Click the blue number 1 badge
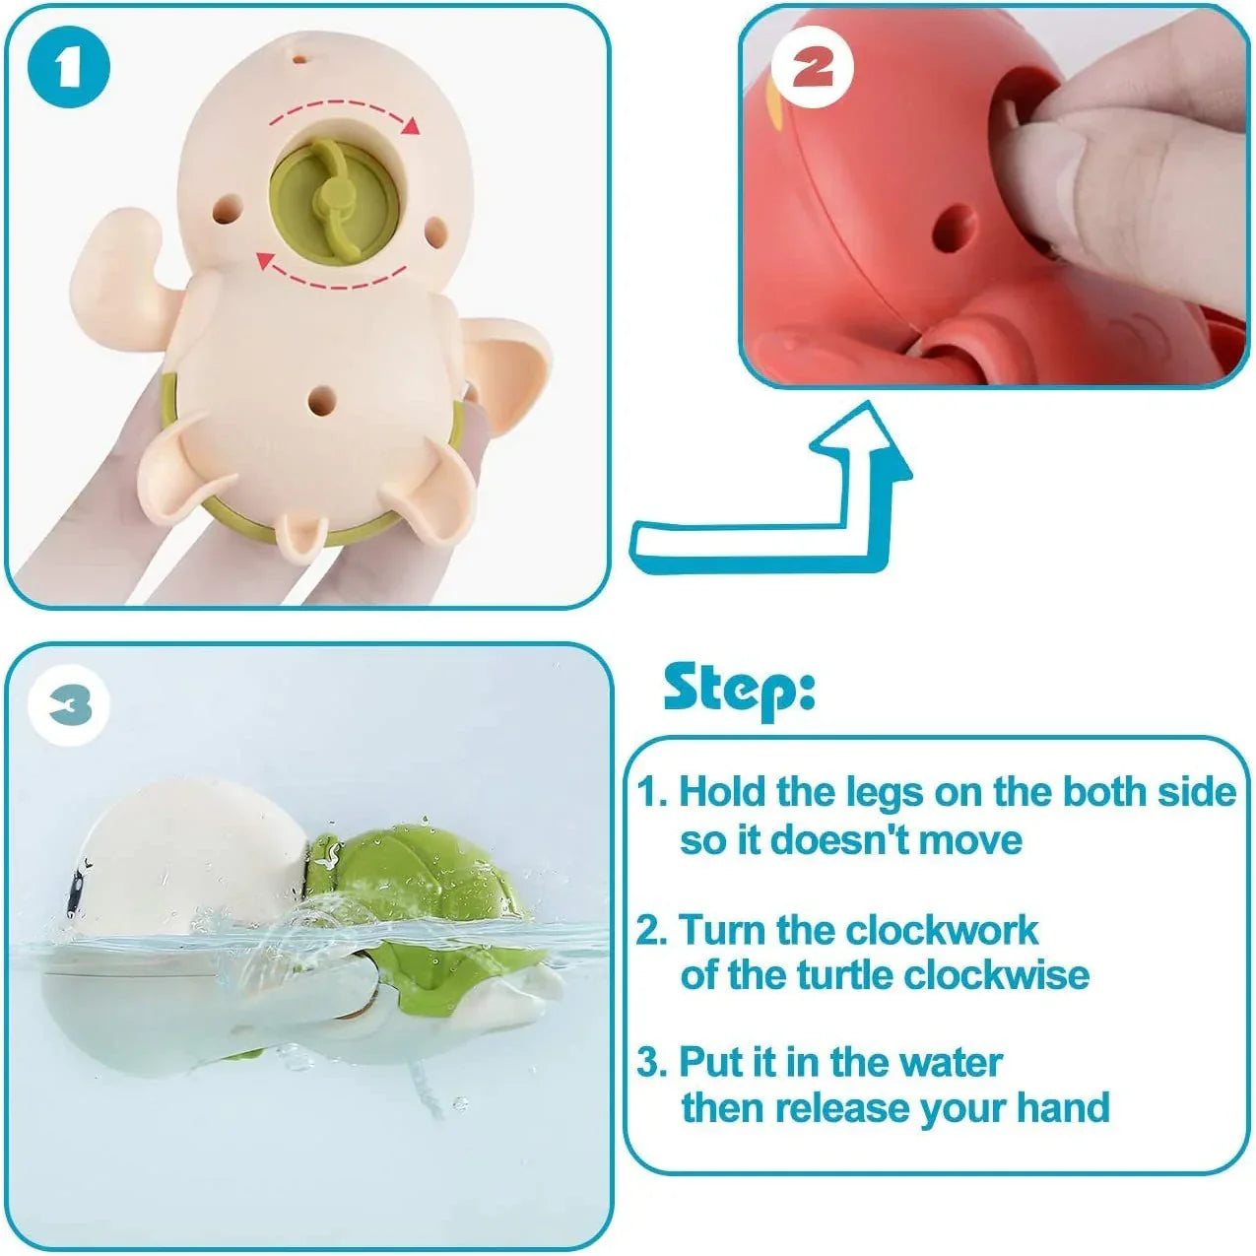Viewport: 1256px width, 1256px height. (68, 68)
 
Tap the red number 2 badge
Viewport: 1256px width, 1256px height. (812, 68)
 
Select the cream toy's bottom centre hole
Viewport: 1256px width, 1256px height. (321, 396)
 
